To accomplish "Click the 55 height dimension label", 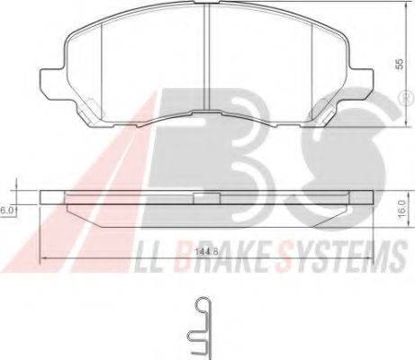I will tap(400, 65).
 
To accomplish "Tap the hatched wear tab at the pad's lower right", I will tap(323, 113).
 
